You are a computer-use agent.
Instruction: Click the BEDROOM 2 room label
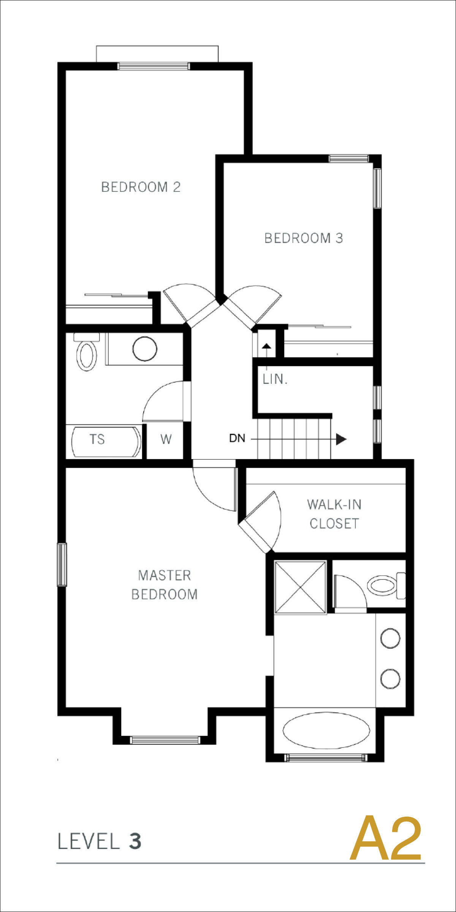pos(141,187)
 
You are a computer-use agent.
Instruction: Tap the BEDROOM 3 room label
pos(304,238)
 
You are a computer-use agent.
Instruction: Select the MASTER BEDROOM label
pos(164,585)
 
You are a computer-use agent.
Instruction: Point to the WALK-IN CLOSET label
pos(334,514)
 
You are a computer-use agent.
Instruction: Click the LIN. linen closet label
pos(275,379)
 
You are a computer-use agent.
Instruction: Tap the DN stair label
pos(237,439)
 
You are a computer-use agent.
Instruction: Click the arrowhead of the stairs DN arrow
pos(341,439)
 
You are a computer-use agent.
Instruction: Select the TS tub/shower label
pos(97,439)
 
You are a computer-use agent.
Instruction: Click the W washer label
pos(166,439)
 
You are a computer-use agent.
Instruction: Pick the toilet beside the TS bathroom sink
pos(87,352)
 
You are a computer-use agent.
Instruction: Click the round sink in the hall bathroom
pos(145,349)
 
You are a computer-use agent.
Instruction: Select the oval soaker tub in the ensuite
pos(326,730)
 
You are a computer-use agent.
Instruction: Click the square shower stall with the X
pos(300,587)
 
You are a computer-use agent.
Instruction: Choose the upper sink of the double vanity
pos(390,638)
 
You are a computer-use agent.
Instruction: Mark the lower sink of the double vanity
pos(390,679)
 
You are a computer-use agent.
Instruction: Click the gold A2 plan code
pos(386,839)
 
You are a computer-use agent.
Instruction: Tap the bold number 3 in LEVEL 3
pos(135,841)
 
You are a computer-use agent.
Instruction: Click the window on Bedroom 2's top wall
pos(154,66)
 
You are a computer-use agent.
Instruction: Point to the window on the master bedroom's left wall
pos(62,565)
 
